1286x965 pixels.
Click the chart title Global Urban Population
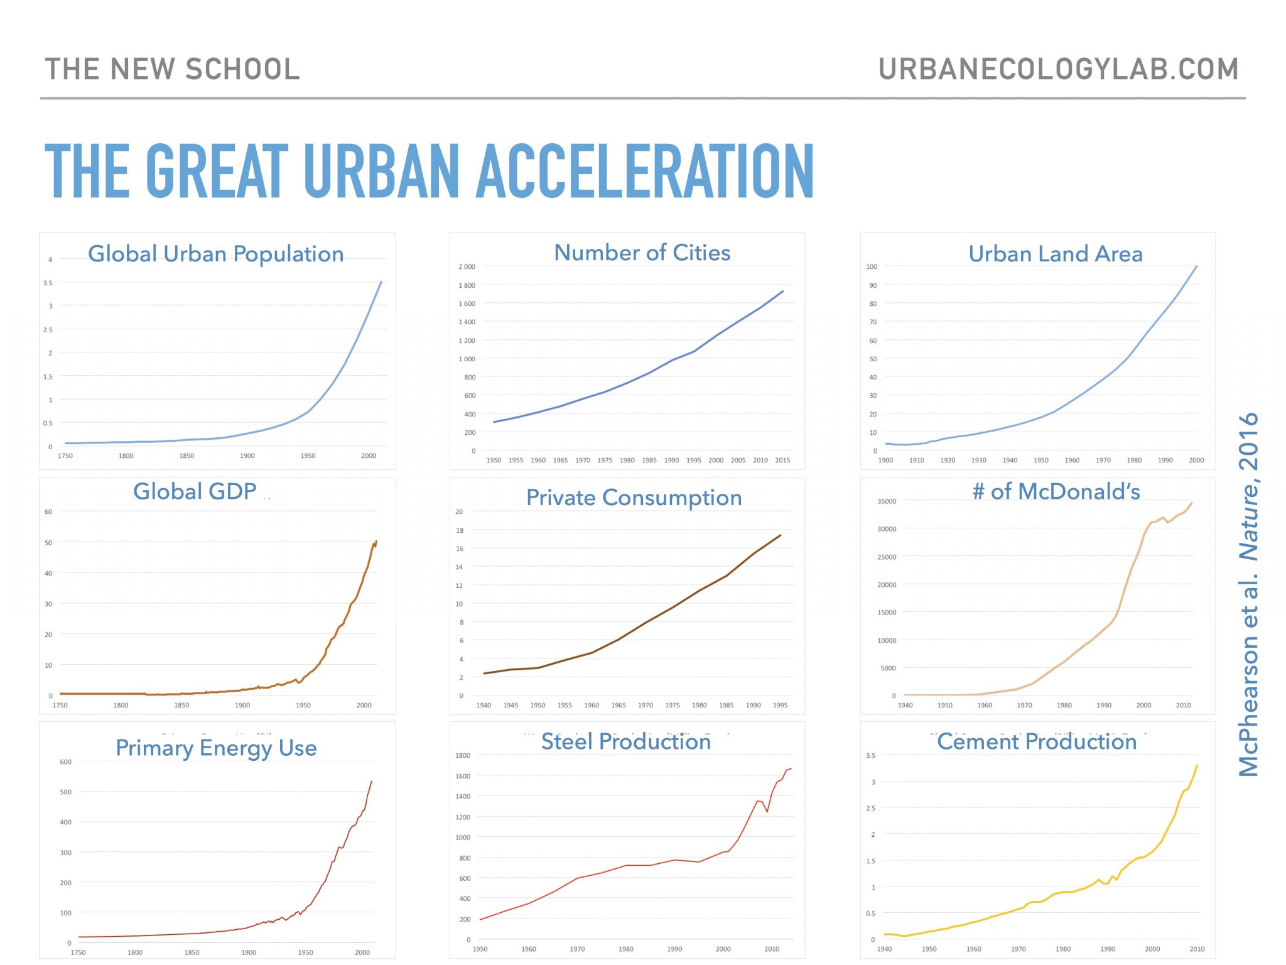pyautogui.click(x=215, y=254)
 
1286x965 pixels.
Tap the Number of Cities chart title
pyautogui.click(x=642, y=253)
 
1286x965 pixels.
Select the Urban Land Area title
pyautogui.click(x=1055, y=254)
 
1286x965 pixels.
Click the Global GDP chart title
pyautogui.click(x=195, y=491)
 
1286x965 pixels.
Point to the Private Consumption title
pyautogui.click(x=634, y=498)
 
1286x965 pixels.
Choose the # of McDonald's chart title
pyautogui.click(x=1056, y=491)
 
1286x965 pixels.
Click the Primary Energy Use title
pyautogui.click(x=216, y=748)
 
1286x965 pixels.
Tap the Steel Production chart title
pyautogui.click(x=625, y=742)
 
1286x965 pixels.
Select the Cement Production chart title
pyautogui.click(x=1037, y=742)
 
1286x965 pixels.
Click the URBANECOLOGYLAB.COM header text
pyautogui.click(x=1058, y=69)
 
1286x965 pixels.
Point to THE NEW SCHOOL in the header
pyautogui.click(x=173, y=69)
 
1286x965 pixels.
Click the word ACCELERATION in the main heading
pyautogui.click(x=645, y=171)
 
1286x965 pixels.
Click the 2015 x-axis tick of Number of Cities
pyautogui.click(x=782, y=461)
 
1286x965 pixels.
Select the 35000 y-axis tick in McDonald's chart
pyautogui.click(x=887, y=501)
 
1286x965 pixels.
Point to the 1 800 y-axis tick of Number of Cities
pyautogui.click(x=467, y=285)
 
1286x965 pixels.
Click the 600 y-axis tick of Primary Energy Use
pyautogui.click(x=65, y=762)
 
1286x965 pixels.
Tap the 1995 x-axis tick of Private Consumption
pyautogui.click(x=780, y=706)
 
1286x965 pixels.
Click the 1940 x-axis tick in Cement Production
pyautogui.click(x=884, y=949)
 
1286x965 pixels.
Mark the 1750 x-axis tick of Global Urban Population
pyautogui.click(x=65, y=456)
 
